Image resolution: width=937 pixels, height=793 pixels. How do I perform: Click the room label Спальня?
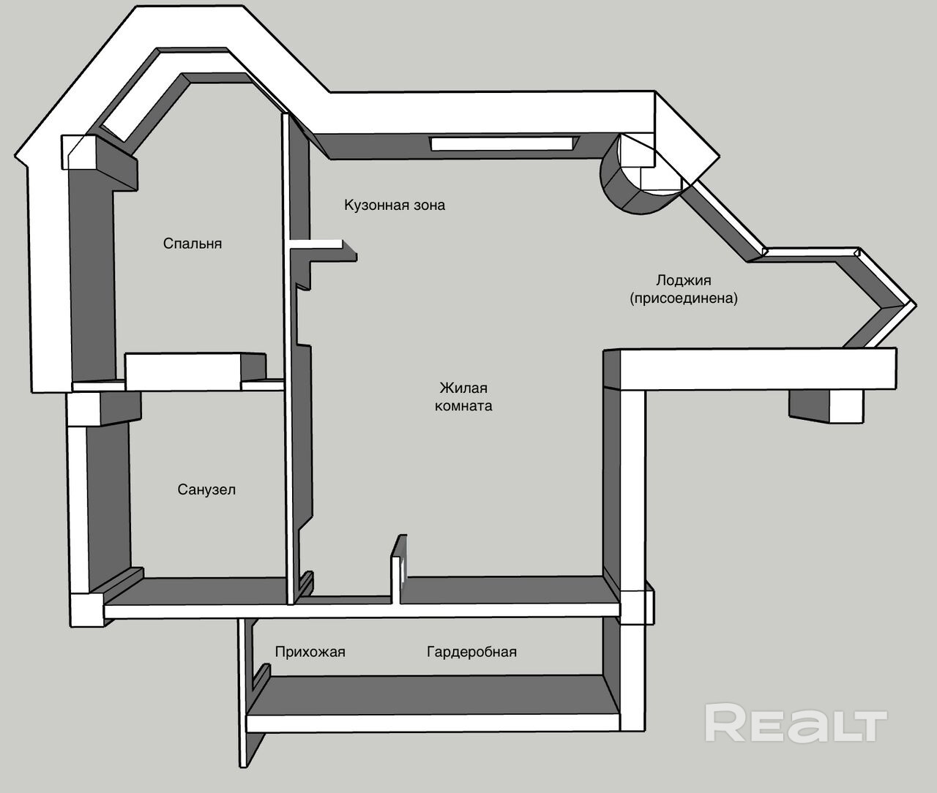pos(193,244)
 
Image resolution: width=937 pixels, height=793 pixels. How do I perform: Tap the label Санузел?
pos(206,489)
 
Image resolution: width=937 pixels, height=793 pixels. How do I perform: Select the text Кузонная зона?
pos(395,205)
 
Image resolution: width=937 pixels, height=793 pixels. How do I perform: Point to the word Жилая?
pos(463,388)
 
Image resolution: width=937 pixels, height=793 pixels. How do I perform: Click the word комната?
pos(463,405)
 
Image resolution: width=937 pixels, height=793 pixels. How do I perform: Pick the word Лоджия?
pos(684,280)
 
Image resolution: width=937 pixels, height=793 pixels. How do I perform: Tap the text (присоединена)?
pos(684,298)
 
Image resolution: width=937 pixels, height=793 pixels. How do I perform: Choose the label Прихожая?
pos(310,652)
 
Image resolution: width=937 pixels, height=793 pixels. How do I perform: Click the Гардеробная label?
pos(471,652)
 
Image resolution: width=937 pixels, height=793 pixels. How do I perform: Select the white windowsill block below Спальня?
pos(184,372)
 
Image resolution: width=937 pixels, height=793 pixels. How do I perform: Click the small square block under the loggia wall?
pos(827,406)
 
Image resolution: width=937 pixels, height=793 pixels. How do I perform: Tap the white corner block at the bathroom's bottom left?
pos(88,609)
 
